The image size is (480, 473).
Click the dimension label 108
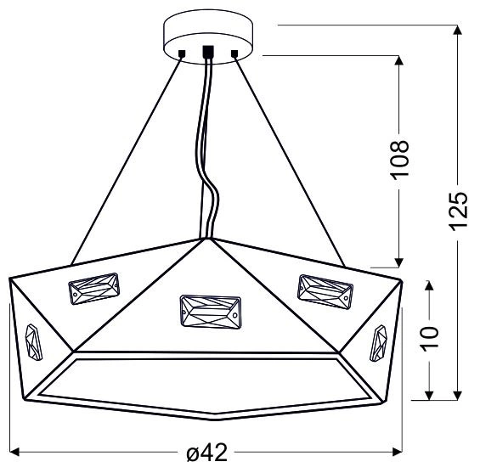(401, 158)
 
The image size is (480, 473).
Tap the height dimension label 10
(430, 338)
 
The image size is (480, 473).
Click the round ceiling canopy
(208, 34)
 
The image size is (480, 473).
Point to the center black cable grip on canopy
(208, 50)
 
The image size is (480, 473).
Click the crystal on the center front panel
(210, 309)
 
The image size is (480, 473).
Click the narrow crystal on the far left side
(33, 343)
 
